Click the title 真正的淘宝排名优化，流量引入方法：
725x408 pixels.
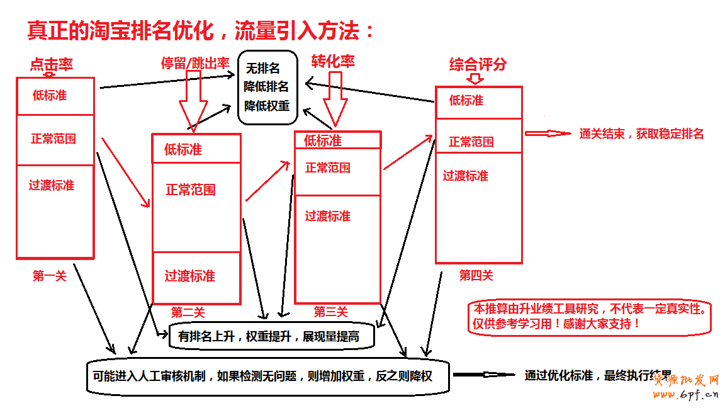pos(200,30)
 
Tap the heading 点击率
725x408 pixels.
pos(51,64)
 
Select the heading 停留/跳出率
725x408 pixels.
pos(194,62)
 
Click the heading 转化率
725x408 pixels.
pos(333,61)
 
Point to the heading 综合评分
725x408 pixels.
pos(478,64)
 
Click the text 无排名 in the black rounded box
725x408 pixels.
pos(262,68)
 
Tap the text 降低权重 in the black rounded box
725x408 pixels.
pos(267,105)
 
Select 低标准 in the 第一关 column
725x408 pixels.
pos(50,96)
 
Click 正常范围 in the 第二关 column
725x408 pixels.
pos(190,190)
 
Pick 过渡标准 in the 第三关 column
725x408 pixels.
pos(327,216)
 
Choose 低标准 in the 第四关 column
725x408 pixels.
pos(466,100)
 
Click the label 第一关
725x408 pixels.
pos(49,275)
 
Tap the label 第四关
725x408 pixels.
pos(476,275)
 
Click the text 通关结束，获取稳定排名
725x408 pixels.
pos(641,133)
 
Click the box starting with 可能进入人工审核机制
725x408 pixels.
pos(267,377)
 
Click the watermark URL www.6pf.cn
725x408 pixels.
pos(685,395)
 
